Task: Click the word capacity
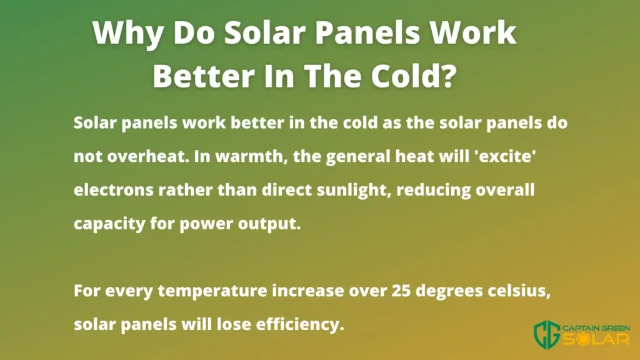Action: pyautogui.click(x=109, y=224)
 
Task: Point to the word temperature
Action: pyautogui.click(x=212, y=291)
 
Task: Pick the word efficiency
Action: pyautogui.click(x=300, y=325)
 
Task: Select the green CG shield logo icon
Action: pyautogui.click(x=547, y=335)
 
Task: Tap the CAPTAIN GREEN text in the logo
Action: pyautogui.click(x=596, y=329)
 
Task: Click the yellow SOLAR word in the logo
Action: pyautogui.click(x=596, y=339)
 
